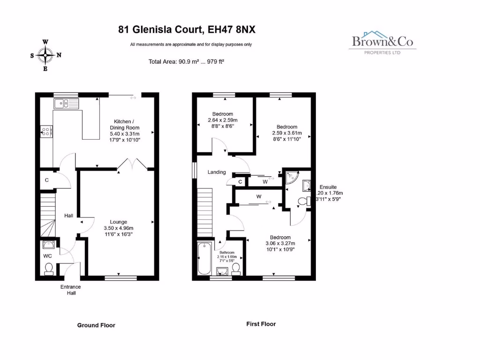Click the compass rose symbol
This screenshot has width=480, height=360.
pyautogui.click(x=45, y=55)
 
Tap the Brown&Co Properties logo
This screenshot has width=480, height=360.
pyautogui.click(x=382, y=43)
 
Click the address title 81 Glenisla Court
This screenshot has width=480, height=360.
pyautogui.click(x=187, y=30)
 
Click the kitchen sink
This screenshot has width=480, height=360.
pyautogui.click(x=66, y=103)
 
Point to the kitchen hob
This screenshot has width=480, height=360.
pyautogui.click(x=47, y=131)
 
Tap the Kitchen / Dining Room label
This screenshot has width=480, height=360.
pyautogui.click(x=125, y=127)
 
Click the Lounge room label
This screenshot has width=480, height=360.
pyautogui.click(x=119, y=222)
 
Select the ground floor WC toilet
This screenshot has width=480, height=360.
pyautogui.click(x=49, y=268)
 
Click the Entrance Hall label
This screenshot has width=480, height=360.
pyautogui.click(x=70, y=290)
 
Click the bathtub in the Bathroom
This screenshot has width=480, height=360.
pyautogui.click(x=204, y=259)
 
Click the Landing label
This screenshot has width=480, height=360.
pyautogui.click(x=217, y=172)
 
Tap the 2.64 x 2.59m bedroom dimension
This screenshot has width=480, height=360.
pyautogui.click(x=223, y=120)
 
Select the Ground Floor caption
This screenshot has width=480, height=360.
pyautogui.click(x=96, y=325)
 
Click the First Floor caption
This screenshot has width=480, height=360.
pyautogui.click(x=261, y=324)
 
